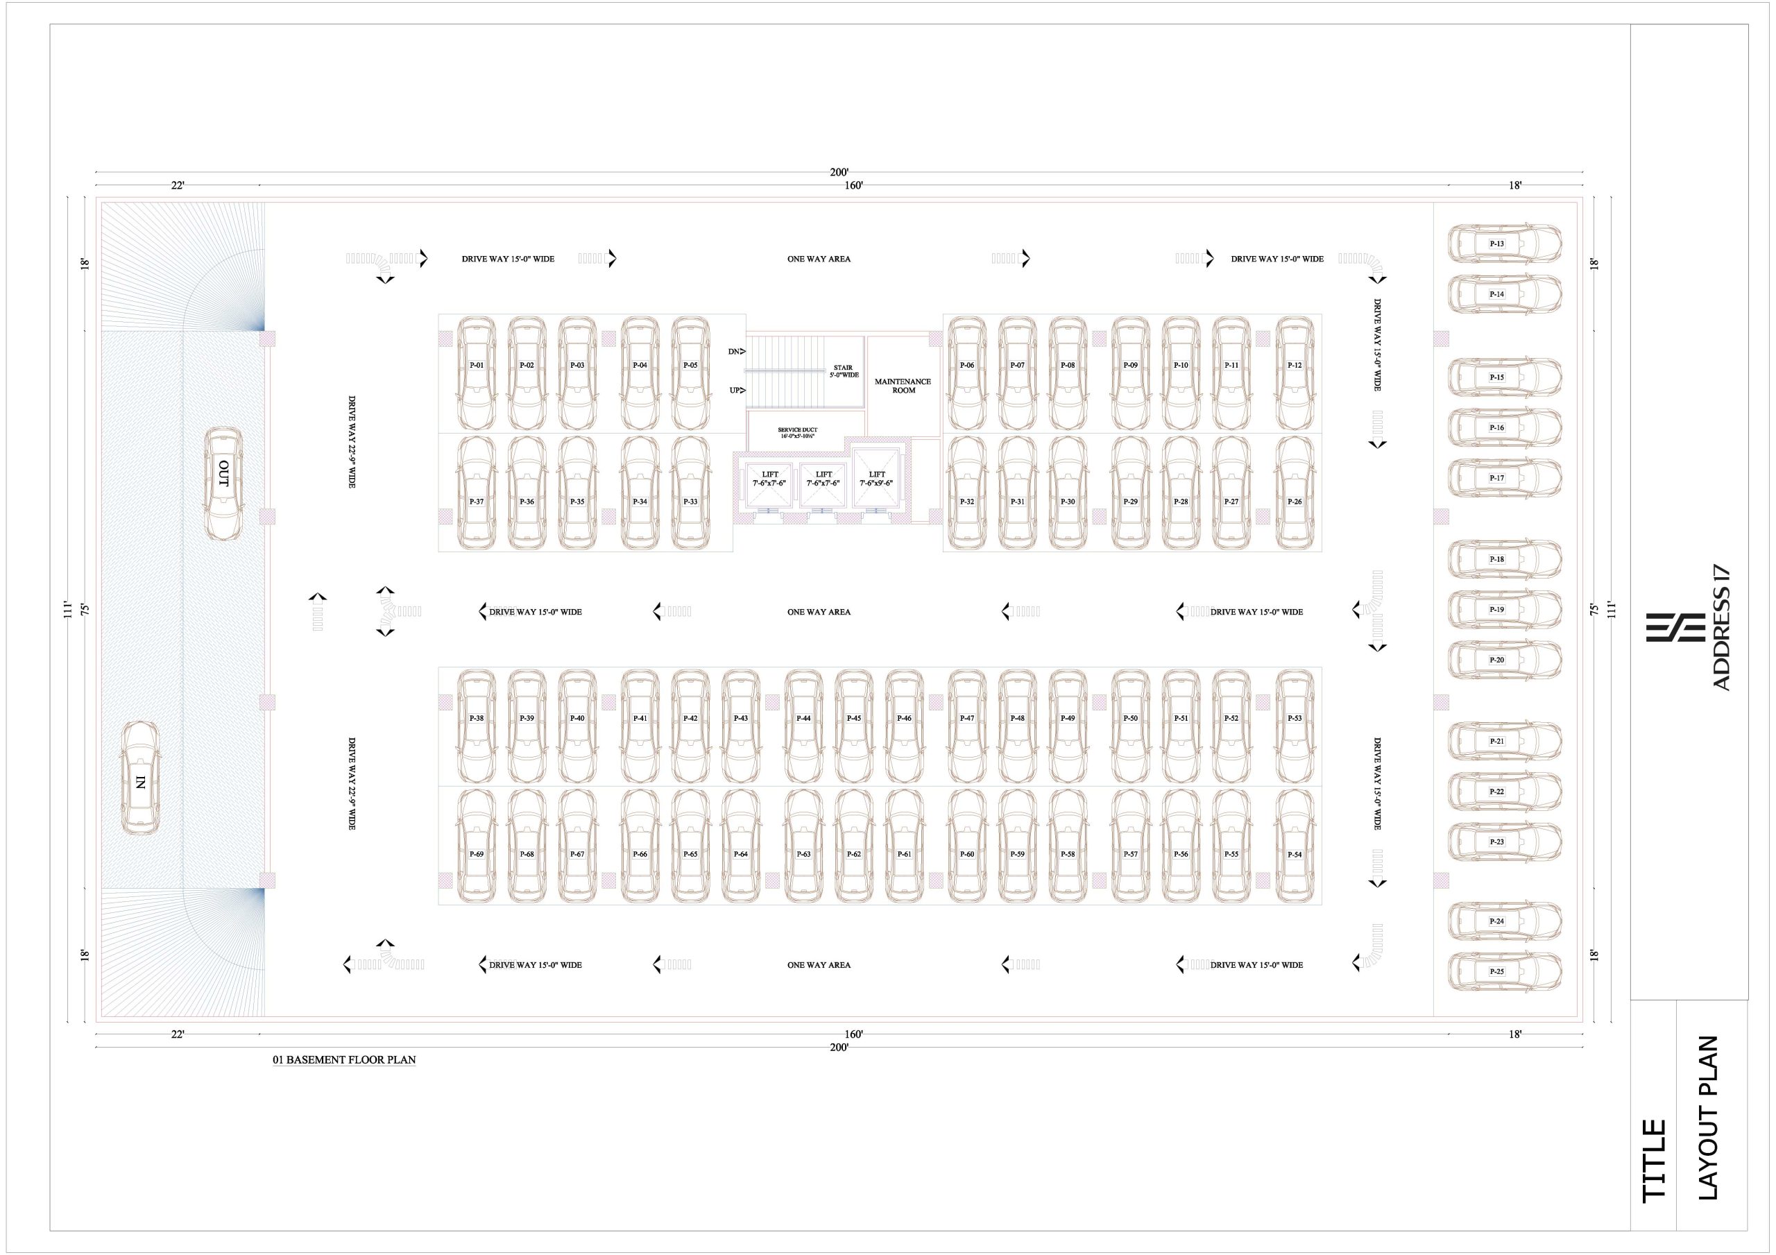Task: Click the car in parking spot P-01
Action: (477, 374)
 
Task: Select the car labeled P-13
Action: (1505, 244)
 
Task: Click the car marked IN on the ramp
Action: (141, 778)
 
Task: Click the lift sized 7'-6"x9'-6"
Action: (876, 479)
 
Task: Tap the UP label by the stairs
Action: (735, 390)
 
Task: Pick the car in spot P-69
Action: (477, 846)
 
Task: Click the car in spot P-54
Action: (1294, 846)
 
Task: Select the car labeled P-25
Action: (1505, 971)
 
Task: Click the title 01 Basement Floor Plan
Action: (344, 1060)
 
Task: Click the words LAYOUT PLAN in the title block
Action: (1708, 1118)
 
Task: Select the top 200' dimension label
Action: (839, 173)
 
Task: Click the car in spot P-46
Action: (904, 726)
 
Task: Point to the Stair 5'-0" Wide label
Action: (843, 371)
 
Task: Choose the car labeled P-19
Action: (1505, 610)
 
